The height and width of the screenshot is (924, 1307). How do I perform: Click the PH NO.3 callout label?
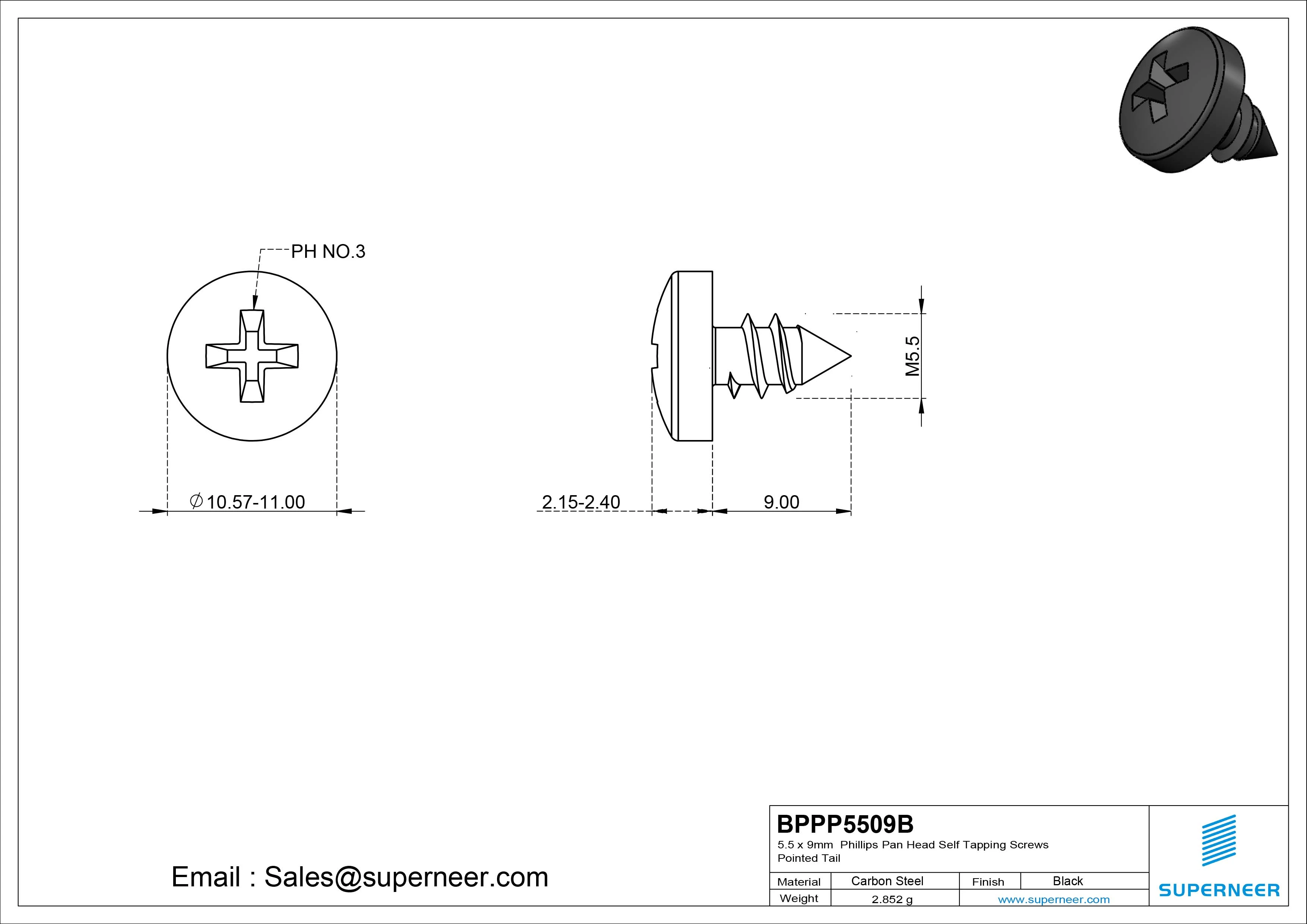328,251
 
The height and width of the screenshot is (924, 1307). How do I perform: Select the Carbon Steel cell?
887,881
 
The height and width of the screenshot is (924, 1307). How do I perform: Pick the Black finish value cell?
1068,881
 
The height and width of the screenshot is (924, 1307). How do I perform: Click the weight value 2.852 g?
892,899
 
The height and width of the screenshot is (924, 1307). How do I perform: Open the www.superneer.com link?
1054,899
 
